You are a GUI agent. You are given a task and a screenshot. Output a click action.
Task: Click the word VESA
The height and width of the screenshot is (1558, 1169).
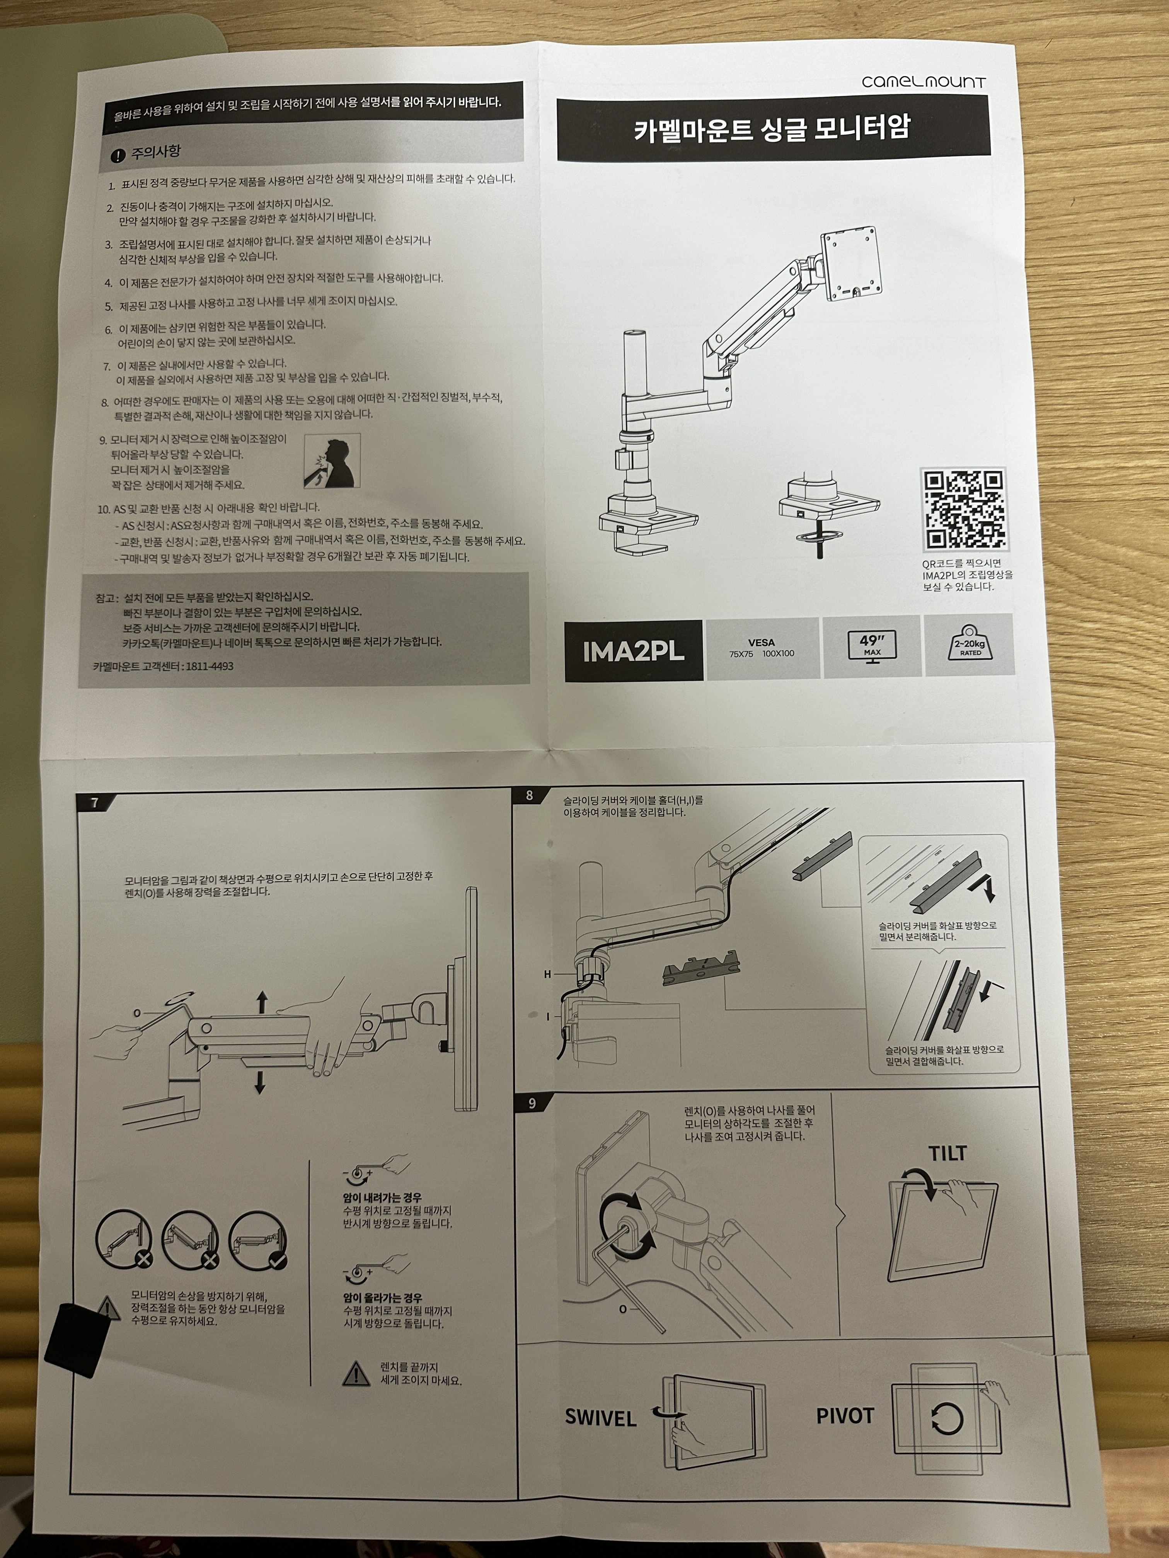(761, 642)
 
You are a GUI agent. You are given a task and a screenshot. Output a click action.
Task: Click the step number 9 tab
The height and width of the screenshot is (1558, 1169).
(532, 1104)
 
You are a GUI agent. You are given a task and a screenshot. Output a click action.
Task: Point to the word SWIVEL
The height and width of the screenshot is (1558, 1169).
(600, 1418)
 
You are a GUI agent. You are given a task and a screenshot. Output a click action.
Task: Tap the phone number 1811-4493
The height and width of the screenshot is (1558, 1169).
(209, 666)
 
